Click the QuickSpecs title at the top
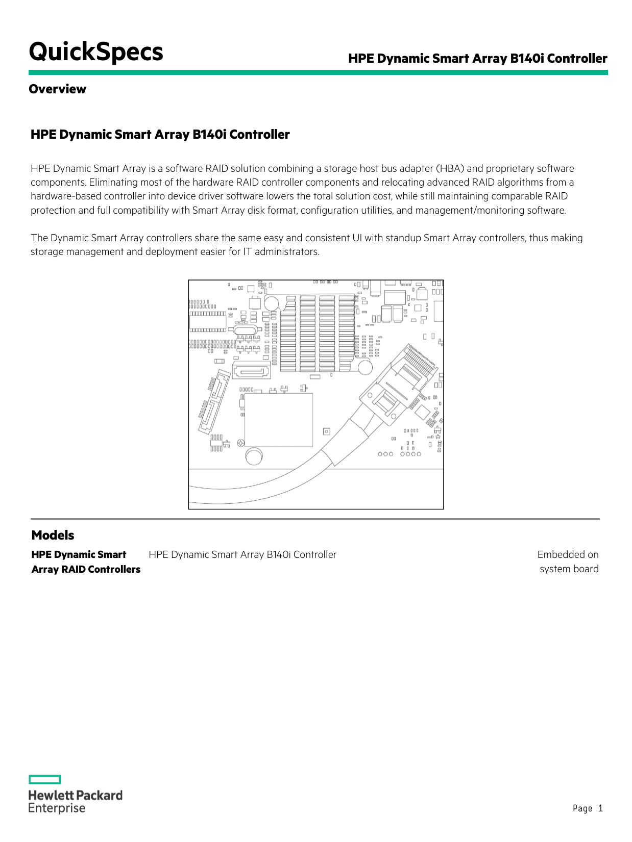pyautogui.click(x=96, y=52)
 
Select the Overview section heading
pyautogui.click(x=57, y=89)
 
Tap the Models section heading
pyautogui.click(x=53, y=535)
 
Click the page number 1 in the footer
pyautogui.click(x=600, y=808)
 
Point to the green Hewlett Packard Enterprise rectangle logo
pyautogui.click(x=44, y=779)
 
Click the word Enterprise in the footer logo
pyautogui.click(x=57, y=808)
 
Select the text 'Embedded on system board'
pyautogui.click(x=568, y=562)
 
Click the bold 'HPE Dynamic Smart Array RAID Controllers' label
pyautogui.click(x=85, y=562)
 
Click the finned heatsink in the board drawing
pyautogui.click(x=317, y=332)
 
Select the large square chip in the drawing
pyautogui.click(x=278, y=420)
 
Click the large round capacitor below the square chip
pyautogui.click(x=254, y=456)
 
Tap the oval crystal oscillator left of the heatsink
pyautogui.click(x=244, y=330)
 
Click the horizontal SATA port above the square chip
pyautogui.click(x=251, y=371)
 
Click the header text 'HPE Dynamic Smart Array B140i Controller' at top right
pyautogui.click(x=477, y=59)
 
